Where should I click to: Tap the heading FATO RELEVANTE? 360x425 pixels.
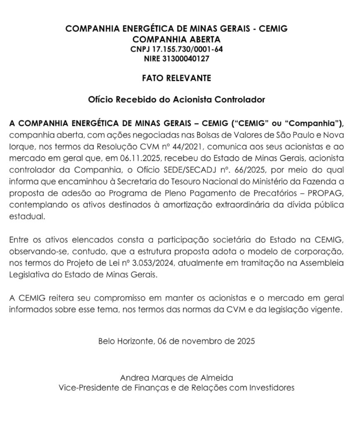(176, 78)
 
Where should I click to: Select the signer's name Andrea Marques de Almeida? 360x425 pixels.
(176, 378)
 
